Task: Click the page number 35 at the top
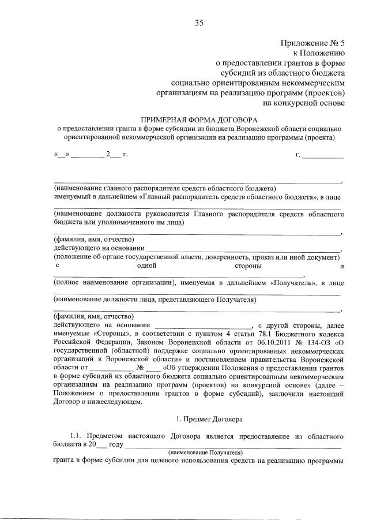tap(199, 23)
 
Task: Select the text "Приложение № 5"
tap(312, 43)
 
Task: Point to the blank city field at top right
tap(323, 155)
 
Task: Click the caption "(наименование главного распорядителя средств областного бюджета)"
tap(164, 188)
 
